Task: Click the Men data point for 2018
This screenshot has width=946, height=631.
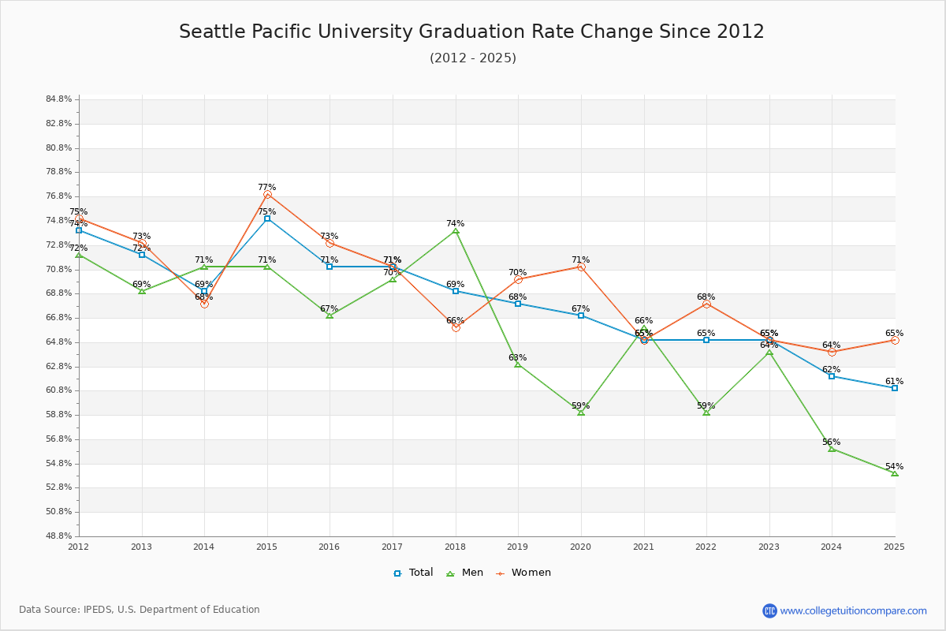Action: (x=456, y=230)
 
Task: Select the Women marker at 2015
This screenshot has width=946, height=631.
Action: (x=267, y=194)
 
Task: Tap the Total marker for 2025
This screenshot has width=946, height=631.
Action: (x=895, y=388)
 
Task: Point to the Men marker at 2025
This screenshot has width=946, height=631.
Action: (x=895, y=473)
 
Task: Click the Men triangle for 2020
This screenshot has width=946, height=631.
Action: (x=581, y=413)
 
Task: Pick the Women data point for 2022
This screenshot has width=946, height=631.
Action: (x=706, y=304)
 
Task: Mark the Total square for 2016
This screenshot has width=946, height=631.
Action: (x=330, y=267)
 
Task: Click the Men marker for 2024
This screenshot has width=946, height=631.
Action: (x=832, y=449)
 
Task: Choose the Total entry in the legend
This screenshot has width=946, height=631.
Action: (x=413, y=573)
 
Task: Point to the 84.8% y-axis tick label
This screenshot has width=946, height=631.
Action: (x=59, y=99)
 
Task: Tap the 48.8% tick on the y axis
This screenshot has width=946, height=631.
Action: (x=59, y=536)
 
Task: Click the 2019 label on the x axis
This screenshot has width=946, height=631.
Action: (x=518, y=547)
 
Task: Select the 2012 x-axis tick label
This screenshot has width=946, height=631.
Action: (x=79, y=547)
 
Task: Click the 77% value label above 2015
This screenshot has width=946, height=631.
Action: (x=267, y=188)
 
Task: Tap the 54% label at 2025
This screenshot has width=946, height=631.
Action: (x=894, y=467)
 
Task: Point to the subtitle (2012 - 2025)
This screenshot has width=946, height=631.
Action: (x=473, y=58)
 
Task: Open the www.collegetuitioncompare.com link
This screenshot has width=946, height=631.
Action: (x=853, y=610)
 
